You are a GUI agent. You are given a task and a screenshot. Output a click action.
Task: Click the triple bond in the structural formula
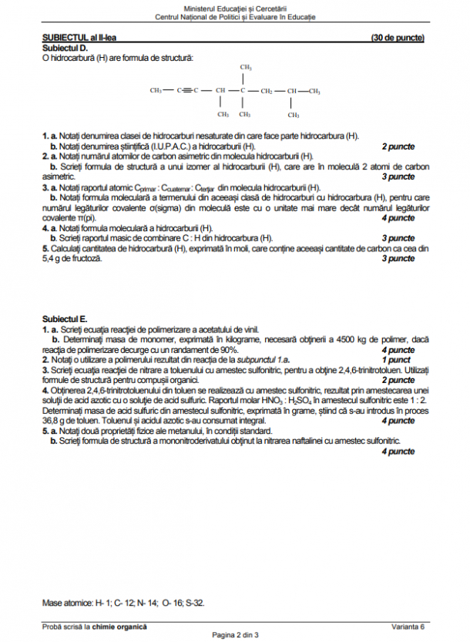point(188,91)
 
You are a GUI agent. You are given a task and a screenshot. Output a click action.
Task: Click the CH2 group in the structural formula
point(267,91)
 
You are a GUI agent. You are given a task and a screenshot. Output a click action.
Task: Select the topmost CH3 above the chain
point(245,68)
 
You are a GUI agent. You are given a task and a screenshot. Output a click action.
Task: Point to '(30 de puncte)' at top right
point(397,38)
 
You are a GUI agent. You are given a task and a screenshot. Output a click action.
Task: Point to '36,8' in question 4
point(52,422)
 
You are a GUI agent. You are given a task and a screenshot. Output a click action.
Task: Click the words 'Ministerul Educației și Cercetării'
point(235,7)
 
